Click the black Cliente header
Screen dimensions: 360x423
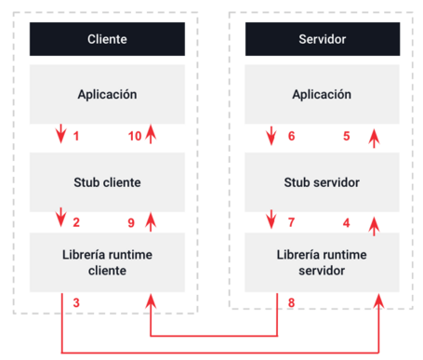tap(107, 39)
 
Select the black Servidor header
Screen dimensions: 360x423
tap(322, 39)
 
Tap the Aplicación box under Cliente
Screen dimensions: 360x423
tap(107, 94)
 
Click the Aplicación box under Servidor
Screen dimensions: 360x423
tap(322, 94)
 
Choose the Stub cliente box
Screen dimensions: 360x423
tap(107, 182)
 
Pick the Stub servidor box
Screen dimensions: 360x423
tap(322, 182)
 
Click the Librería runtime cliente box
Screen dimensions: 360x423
tap(107, 262)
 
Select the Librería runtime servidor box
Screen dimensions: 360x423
tap(322, 262)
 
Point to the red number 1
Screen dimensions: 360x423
tap(76, 137)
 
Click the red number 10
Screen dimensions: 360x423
tap(134, 137)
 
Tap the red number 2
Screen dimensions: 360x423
tap(76, 222)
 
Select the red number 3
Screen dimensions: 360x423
tap(76, 303)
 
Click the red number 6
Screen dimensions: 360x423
tap(291, 136)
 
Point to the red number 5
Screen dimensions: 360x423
tap(347, 136)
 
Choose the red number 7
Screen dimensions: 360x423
tap(291, 222)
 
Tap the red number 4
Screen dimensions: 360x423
tap(347, 222)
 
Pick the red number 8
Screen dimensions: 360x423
tap(291, 303)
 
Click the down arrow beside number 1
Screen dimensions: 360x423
tap(61, 136)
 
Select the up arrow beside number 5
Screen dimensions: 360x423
tap(375, 138)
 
